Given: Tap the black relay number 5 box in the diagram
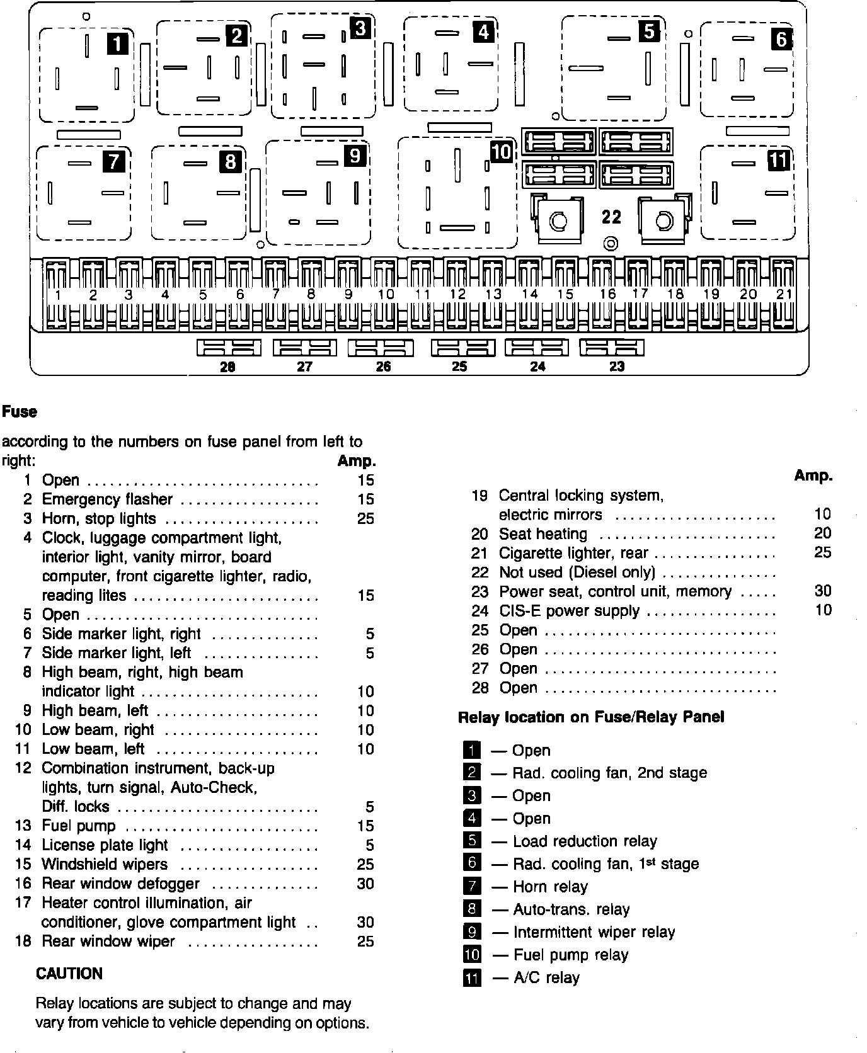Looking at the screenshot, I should click(x=649, y=31).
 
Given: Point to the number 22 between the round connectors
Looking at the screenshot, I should click(x=611, y=217).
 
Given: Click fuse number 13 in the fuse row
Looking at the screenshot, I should click(x=493, y=294).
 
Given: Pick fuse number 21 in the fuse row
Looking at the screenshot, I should click(x=783, y=294).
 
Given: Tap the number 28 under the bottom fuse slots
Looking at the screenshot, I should click(x=227, y=367).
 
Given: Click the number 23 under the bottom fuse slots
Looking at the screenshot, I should click(x=616, y=367).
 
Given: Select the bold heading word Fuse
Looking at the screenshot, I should click(x=20, y=412).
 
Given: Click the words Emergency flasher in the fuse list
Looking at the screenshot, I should click(x=107, y=499).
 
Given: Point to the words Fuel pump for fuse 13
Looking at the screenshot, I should click(x=79, y=826).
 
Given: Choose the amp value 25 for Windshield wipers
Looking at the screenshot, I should click(x=365, y=865).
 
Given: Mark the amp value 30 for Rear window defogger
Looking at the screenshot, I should click(x=365, y=884).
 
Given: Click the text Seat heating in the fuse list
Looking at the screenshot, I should click(x=543, y=534).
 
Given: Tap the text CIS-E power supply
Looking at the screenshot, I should click(x=569, y=611).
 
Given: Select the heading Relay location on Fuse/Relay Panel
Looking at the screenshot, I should click(x=591, y=717).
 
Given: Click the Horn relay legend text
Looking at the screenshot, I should click(x=550, y=887).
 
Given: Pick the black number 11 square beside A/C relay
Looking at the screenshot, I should click(x=471, y=978).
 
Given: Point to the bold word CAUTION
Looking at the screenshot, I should click(x=69, y=974).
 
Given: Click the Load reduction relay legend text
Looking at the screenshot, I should click(x=585, y=841).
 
